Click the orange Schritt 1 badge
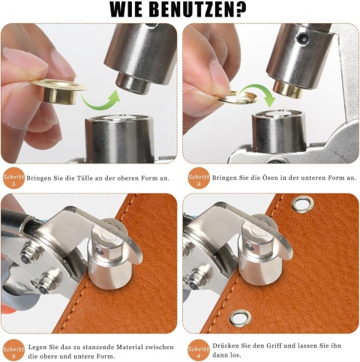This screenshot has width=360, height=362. [13, 178]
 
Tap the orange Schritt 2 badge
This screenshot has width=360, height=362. [199, 178]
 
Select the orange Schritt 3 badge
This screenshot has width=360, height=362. [13, 351]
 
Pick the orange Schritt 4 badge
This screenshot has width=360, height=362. [199, 350]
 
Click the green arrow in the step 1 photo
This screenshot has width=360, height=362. [100, 102]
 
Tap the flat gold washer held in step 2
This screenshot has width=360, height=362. [238, 97]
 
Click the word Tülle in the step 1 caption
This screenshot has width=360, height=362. [83, 178]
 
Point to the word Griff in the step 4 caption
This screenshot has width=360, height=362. [275, 346]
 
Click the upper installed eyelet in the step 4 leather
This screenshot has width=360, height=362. [302, 204]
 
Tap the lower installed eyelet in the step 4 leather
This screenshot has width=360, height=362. [240, 319]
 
